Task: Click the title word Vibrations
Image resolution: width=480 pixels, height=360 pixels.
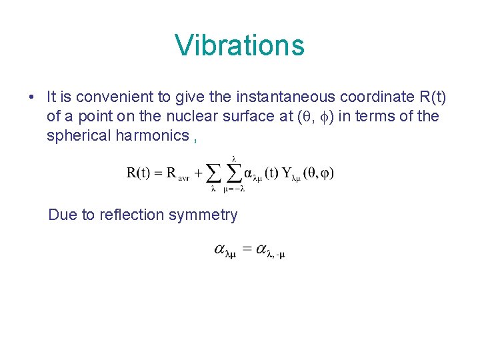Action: (239, 45)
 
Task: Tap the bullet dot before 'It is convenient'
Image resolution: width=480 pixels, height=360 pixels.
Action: (31, 97)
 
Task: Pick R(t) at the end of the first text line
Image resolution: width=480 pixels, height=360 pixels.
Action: (431, 97)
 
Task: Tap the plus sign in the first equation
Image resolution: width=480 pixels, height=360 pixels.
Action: (198, 174)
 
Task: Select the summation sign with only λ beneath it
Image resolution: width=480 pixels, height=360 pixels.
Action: (213, 174)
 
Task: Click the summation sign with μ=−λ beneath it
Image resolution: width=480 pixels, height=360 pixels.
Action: (234, 174)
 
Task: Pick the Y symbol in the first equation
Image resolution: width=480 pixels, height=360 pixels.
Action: (287, 174)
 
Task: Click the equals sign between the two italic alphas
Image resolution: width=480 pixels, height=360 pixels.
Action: (247, 249)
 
